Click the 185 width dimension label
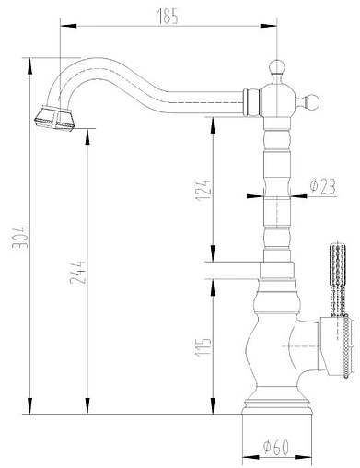click(170, 16)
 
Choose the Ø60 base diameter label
click(276, 448)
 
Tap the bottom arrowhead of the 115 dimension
click(214, 404)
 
